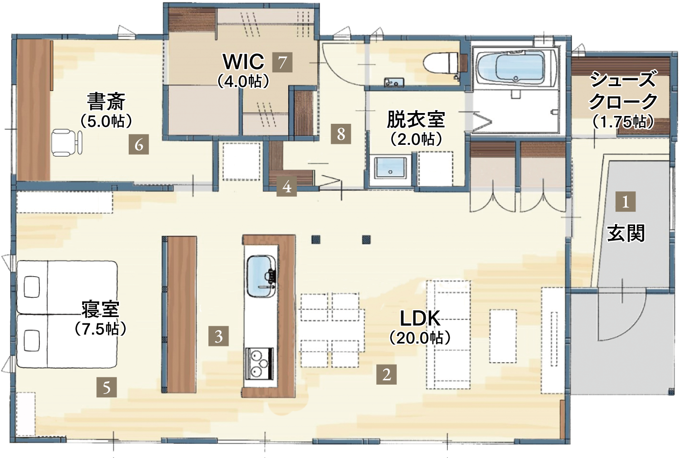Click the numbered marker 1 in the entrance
coord(626,202)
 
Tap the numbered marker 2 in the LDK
coord(387,374)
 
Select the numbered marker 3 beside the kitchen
coord(218,336)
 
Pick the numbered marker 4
coord(287,186)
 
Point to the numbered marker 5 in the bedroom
coord(107,387)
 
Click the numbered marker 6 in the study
coord(138,144)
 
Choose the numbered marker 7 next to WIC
coord(282,62)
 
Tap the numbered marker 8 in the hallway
coord(341,134)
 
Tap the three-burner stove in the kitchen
coord(260,364)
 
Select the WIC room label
coord(244,62)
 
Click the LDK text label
coord(420,318)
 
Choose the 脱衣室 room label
coord(416,119)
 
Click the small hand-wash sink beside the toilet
coord(394,82)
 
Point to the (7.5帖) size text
coord(101,329)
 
